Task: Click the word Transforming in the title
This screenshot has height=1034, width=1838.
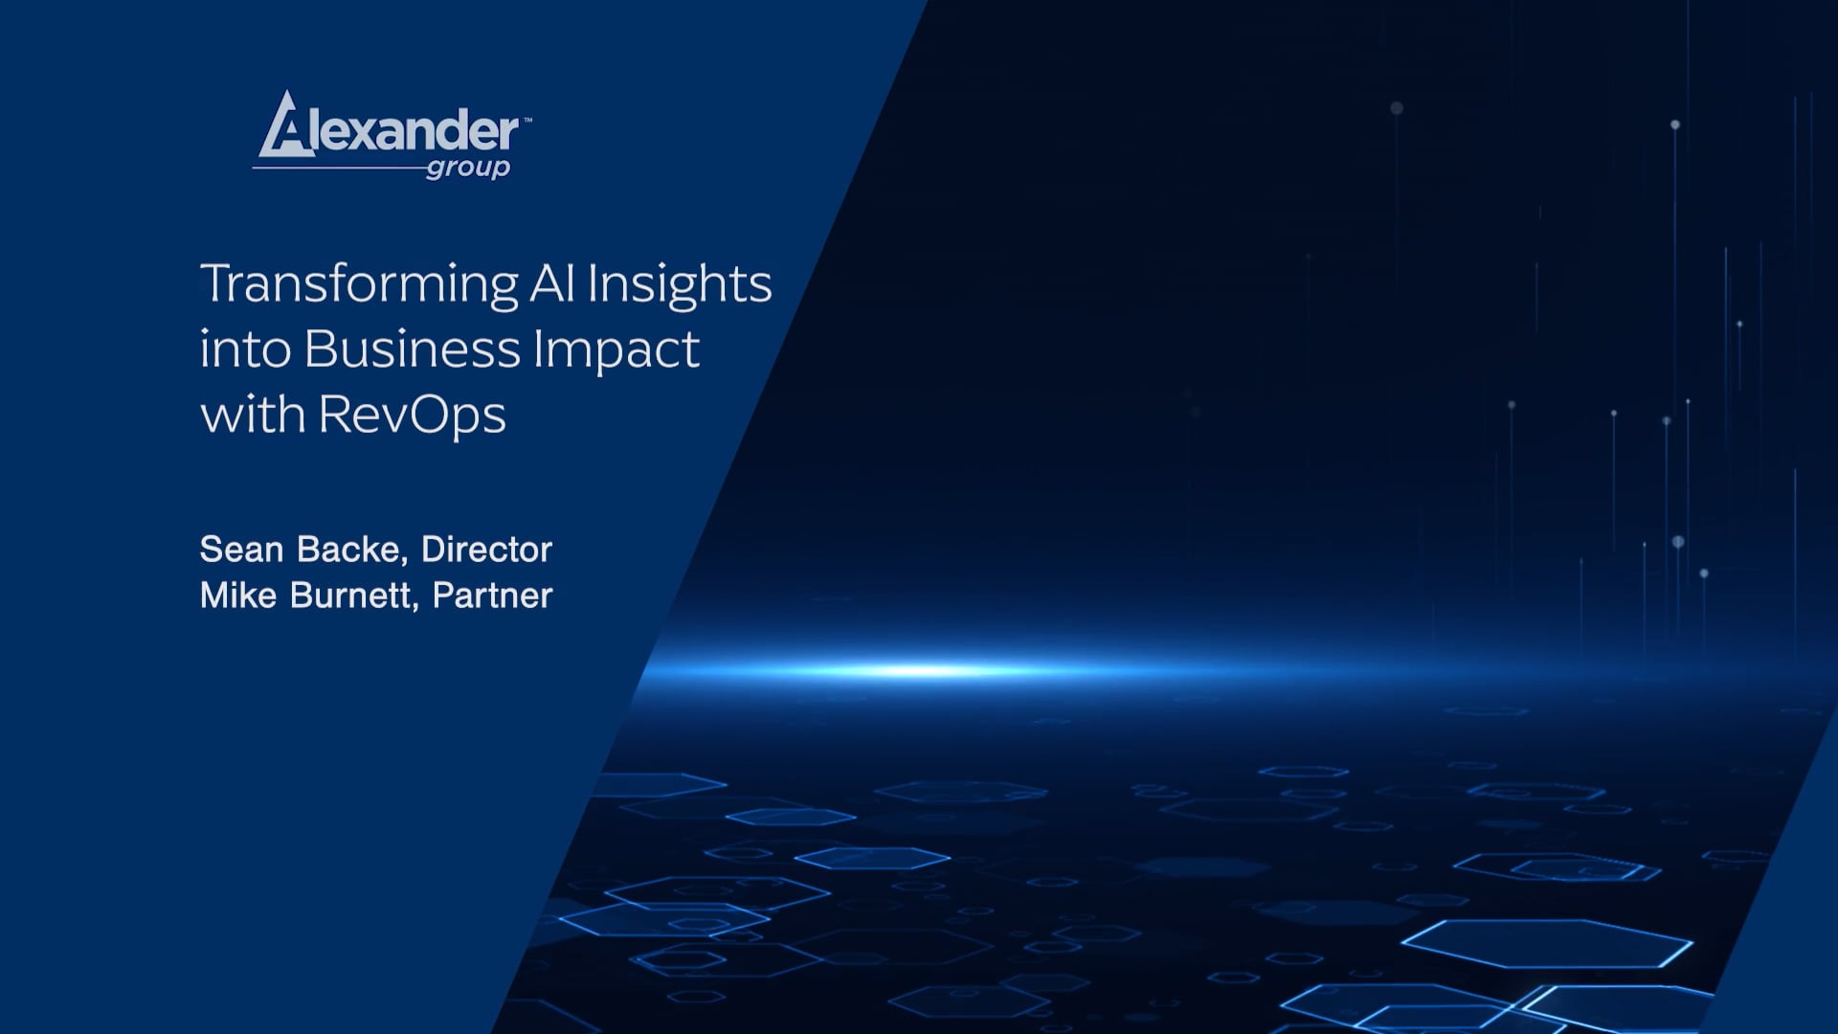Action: [x=359, y=285]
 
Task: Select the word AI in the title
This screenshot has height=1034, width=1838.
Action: [x=552, y=283]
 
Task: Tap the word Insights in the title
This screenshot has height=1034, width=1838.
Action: [x=679, y=285]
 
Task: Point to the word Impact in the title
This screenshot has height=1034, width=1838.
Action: [x=616, y=350]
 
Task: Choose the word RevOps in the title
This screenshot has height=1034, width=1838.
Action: [x=412, y=416]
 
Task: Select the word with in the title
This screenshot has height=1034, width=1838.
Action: [x=252, y=416]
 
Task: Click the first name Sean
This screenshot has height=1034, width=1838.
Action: [x=241, y=550]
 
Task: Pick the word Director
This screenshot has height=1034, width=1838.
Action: [x=486, y=550]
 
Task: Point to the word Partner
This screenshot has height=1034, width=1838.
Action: [x=492, y=596]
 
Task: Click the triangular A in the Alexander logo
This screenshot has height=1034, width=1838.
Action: [x=285, y=127]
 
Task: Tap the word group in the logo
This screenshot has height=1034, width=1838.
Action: [x=468, y=169]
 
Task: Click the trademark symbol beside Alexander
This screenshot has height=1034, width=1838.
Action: [x=527, y=121]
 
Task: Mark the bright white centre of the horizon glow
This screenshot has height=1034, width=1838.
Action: [x=919, y=670]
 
